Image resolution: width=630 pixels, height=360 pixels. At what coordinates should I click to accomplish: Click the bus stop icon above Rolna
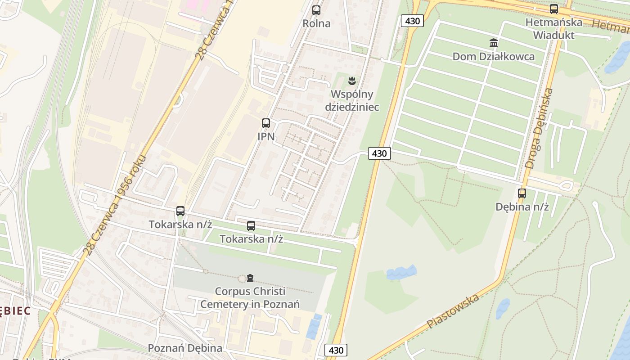(x=316, y=10)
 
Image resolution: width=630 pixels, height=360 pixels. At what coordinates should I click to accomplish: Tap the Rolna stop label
(x=316, y=23)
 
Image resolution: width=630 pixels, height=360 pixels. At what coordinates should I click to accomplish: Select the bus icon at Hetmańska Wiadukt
(x=554, y=9)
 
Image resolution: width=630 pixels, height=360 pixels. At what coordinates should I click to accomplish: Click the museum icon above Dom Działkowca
(x=494, y=43)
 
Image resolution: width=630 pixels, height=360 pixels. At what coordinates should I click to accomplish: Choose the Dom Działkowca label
(x=494, y=57)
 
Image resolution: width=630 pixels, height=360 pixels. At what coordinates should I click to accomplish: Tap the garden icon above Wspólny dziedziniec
(x=352, y=81)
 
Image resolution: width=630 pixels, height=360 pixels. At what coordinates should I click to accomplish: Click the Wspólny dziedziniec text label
(x=352, y=101)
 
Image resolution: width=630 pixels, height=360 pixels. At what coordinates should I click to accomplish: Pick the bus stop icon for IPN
(x=266, y=123)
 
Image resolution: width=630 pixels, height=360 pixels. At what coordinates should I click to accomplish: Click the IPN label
(x=266, y=136)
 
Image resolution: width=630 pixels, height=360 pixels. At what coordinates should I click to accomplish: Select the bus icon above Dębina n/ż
(x=522, y=193)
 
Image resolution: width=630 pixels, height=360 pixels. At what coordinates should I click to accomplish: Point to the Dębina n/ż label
(x=522, y=207)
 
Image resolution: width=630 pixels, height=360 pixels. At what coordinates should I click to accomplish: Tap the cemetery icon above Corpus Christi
(x=250, y=278)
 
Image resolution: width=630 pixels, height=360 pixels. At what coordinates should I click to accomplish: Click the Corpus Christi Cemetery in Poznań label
(x=250, y=298)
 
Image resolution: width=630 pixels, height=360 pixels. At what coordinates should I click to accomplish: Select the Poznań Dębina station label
(x=185, y=348)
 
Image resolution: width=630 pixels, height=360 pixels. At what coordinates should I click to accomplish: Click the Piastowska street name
(x=453, y=311)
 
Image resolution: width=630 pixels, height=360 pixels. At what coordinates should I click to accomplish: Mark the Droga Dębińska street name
(x=539, y=129)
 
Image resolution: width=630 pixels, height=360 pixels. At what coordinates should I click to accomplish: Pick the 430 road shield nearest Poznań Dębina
(x=336, y=350)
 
